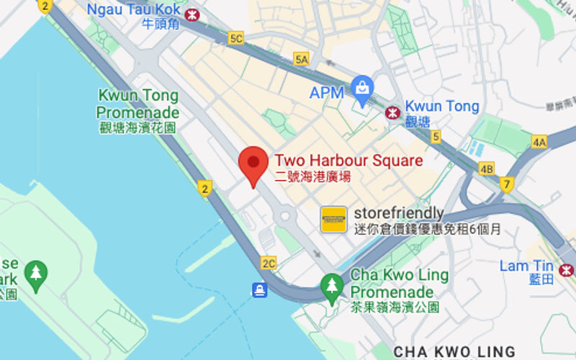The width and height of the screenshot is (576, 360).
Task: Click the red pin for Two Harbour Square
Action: [253, 163]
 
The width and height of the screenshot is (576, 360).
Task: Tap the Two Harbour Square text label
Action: [349, 161]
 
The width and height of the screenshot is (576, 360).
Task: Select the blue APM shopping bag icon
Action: [362, 89]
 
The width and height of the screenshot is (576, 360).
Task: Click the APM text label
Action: [327, 93]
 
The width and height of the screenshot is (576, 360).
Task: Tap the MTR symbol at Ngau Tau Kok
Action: [192, 15]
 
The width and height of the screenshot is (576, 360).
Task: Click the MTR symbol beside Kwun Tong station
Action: [392, 112]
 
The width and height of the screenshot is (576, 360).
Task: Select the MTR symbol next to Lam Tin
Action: [566, 269]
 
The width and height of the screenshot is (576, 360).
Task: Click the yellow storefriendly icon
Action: [333, 219]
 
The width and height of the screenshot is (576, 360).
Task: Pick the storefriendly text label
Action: [399, 214]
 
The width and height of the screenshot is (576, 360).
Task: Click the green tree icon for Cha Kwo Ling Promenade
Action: [332, 284]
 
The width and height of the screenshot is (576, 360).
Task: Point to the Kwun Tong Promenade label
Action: [138, 104]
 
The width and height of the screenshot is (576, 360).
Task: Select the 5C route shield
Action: [235, 38]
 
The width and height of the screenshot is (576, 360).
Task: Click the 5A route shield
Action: [302, 59]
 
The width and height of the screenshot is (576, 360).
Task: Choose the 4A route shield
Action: [539, 142]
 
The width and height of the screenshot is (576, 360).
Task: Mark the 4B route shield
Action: [487, 169]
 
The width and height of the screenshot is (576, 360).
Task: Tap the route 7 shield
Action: [507, 184]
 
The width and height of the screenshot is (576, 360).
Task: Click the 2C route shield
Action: [269, 263]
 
